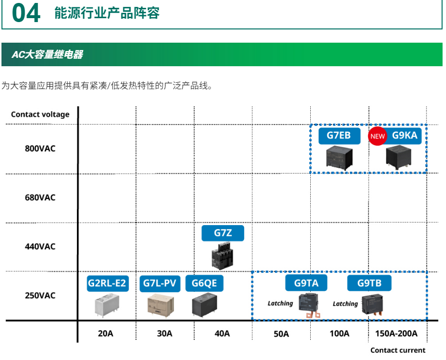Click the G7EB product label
pos(339,135)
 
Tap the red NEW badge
pos(377,136)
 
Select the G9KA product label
pos(405,135)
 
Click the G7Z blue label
pos(223,233)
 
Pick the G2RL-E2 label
pos(107,283)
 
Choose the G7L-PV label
pos(160,283)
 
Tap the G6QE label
pos(204,283)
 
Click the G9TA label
pos(306,283)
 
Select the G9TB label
pos(369,283)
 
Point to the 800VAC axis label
pos(40,149)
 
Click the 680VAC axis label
pos(40,198)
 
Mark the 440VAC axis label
pos(40,246)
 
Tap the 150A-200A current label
pos(396,334)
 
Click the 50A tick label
pos(281,334)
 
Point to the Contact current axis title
pos(398,350)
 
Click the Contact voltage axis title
pos(40,114)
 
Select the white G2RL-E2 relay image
pos(107,305)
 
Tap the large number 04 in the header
pos(26,13)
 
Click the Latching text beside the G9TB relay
pos(345,304)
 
